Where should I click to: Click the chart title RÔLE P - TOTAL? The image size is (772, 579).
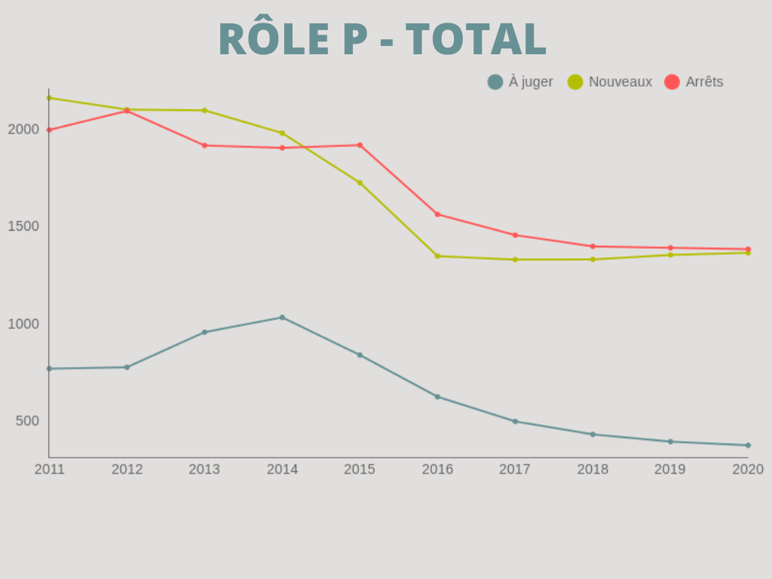[x=382, y=39]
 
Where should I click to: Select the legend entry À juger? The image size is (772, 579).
[x=520, y=82]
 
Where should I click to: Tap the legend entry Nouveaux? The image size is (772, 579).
[x=610, y=82]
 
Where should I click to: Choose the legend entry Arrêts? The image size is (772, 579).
[x=694, y=82]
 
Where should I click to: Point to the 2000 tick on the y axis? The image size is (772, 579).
[x=23, y=129]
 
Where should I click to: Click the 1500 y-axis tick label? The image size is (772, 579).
[x=23, y=226]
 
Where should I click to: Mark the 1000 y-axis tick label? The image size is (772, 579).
[x=23, y=323]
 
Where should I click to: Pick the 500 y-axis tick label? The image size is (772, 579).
[x=27, y=421]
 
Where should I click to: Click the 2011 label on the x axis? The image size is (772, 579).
[x=50, y=469]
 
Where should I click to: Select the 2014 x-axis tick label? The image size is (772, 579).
[x=282, y=469]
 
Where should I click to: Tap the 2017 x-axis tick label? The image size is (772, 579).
[x=515, y=469]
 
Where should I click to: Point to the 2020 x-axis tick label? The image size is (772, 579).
[x=748, y=469]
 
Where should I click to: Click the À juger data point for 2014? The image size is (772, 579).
[x=282, y=317]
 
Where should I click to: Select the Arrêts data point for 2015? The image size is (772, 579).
[x=360, y=145]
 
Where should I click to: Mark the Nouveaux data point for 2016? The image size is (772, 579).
[x=437, y=256]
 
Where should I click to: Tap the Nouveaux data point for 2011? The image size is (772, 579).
[x=49, y=98]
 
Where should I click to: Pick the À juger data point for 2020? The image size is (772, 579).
[x=748, y=445]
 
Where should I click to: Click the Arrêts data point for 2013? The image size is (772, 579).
[x=204, y=145]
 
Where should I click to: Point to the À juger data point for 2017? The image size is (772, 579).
[x=515, y=421]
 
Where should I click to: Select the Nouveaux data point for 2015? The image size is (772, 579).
[x=360, y=182]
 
